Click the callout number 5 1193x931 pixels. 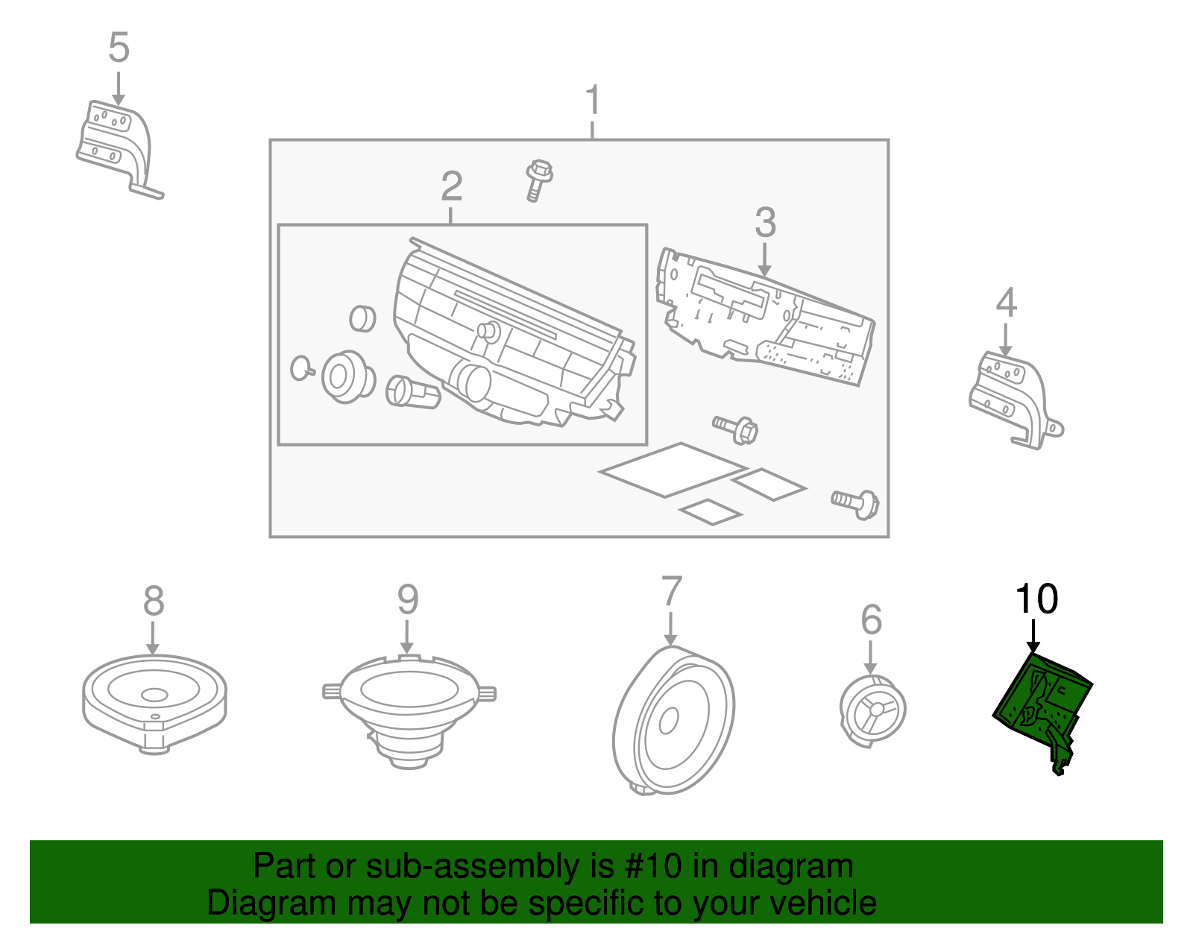119,47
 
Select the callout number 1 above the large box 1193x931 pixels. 592,99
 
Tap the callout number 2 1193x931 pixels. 451,186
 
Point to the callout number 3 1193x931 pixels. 765,222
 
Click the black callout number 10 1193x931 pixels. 1036,599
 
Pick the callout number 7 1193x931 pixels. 671,591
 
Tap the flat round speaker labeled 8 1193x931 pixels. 154,704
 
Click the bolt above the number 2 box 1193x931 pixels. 538,180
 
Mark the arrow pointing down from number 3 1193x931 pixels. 764,259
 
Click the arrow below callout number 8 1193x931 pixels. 153,637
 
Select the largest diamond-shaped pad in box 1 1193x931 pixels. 673,470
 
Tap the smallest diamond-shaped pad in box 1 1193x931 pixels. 711,512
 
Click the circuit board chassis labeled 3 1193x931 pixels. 765,316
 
